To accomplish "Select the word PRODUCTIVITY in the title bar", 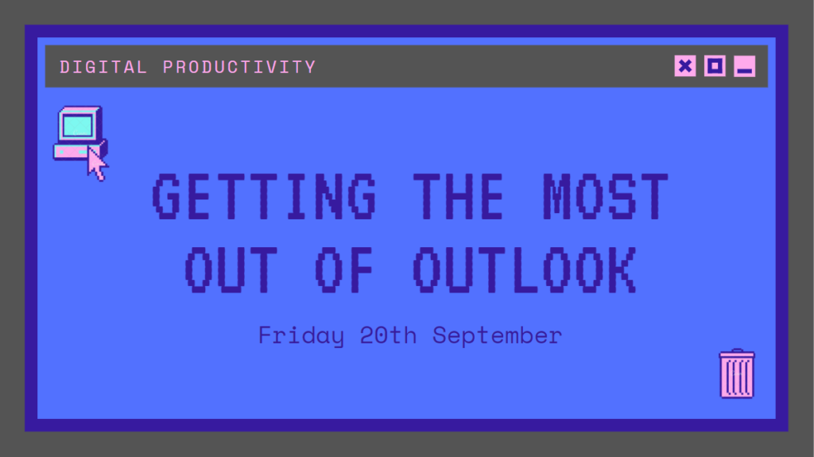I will pyautogui.click(x=239, y=67).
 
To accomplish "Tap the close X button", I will pyautogui.click(x=685, y=66).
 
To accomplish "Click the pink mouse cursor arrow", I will pyautogui.click(x=97, y=165).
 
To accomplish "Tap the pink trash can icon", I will pyautogui.click(x=737, y=374).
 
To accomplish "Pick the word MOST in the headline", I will pyautogui.click(x=604, y=197).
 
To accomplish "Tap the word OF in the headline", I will pyautogui.click(x=347, y=269).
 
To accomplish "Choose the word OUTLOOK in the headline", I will pyautogui.click(x=525, y=269).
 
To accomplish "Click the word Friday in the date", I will pyautogui.click(x=300, y=335).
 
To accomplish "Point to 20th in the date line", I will pyautogui.click(x=387, y=335).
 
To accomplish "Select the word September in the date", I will pyautogui.click(x=498, y=335).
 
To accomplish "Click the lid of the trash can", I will pyautogui.click(x=737, y=354).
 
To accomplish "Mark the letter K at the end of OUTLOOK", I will pyautogui.click(x=621, y=269).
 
